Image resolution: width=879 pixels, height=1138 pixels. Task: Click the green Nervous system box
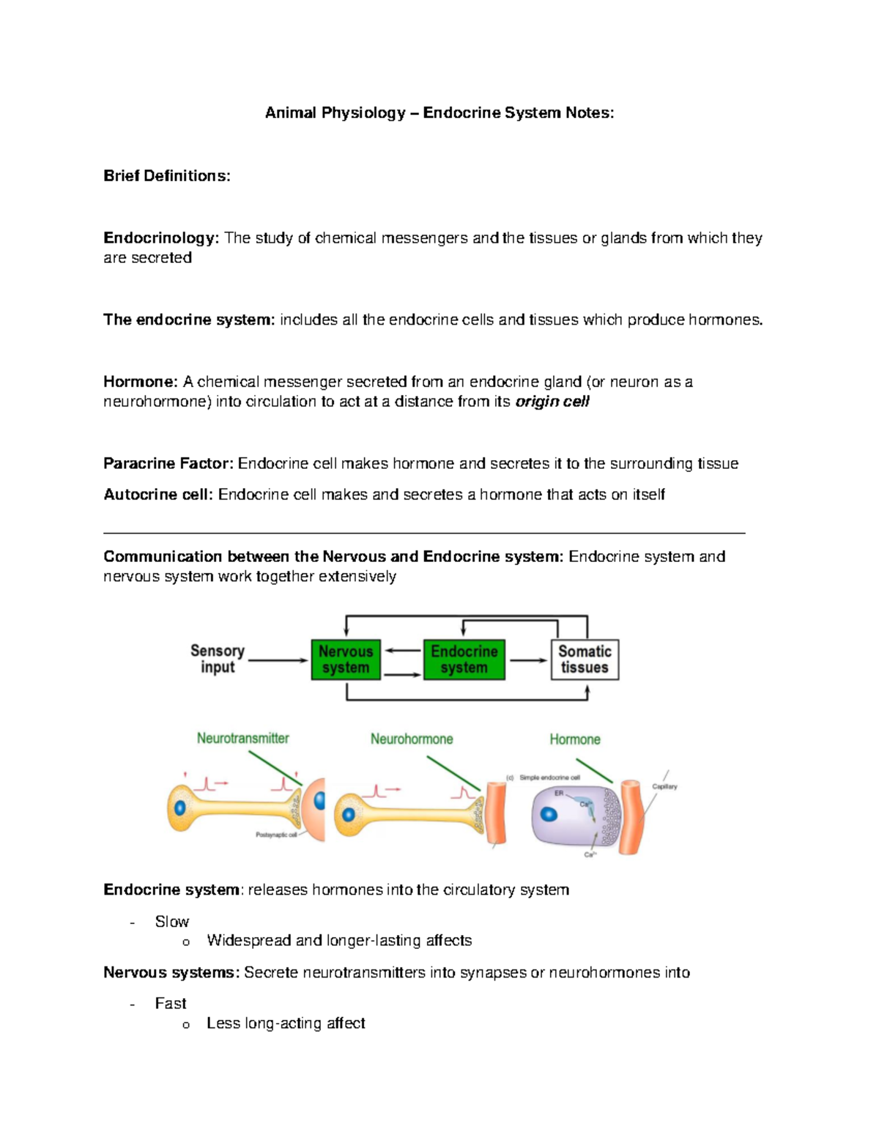coord(346,659)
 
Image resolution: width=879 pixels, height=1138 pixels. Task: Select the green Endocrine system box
coord(464,659)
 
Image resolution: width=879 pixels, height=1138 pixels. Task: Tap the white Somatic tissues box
coord(585,659)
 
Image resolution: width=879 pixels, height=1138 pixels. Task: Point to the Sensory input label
coord(218,659)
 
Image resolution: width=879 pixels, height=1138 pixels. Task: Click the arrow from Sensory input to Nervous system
coord(278,660)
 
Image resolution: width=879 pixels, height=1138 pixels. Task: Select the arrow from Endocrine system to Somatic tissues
coord(527,660)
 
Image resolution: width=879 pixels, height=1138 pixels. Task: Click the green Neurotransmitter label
coord(242,738)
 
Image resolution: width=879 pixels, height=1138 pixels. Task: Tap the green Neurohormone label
coord(411,739)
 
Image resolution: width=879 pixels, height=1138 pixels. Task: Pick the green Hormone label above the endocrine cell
coord(575,739)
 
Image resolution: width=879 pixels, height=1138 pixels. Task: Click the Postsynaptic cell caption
coord(276,835)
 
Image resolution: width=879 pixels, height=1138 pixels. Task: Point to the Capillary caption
coord(664,786)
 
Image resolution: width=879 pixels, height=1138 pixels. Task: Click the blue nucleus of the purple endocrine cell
coord(549,814)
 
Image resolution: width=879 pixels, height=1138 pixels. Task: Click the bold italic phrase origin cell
coord(552,402)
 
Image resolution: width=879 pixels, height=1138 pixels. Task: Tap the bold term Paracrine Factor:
coord(168,464)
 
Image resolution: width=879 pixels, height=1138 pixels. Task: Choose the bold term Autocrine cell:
coord(158,495)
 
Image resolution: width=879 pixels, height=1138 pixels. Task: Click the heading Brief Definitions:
coord(167,176)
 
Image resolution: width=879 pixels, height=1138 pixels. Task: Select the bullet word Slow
coord(172,921)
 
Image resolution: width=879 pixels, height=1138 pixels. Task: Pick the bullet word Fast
coord(171,1003)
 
